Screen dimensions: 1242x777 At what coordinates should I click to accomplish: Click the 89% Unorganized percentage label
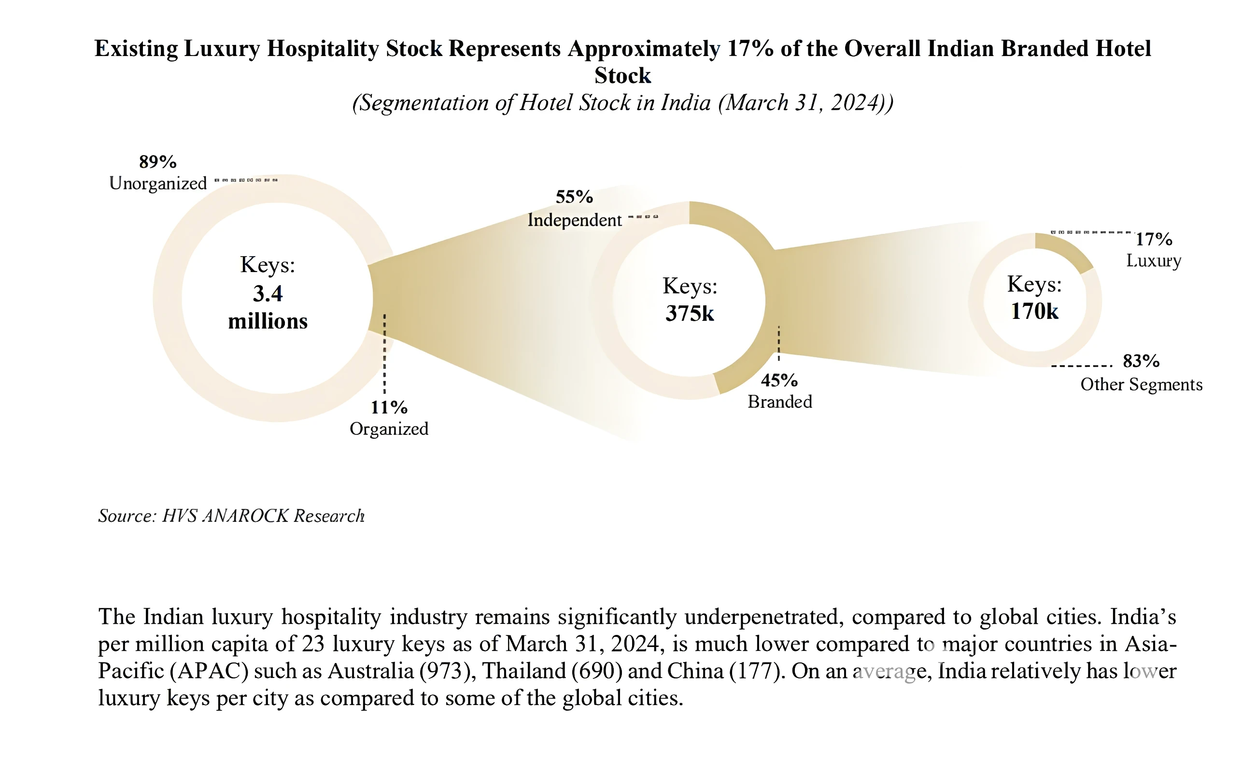tap(157, 162)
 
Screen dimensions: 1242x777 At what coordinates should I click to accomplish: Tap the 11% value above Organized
tap(389, 407)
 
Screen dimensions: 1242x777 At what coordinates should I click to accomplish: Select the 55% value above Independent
tap(574, 197)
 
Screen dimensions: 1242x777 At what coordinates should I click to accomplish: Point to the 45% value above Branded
tap(779, 380)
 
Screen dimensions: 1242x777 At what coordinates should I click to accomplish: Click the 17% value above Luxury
tap(1154, 239)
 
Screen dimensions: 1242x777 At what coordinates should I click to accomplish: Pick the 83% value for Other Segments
tap(1141, 361)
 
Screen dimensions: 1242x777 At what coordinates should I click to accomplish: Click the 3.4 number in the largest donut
tap(268, 293)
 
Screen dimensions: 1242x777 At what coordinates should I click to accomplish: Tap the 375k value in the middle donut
tap(690, 314)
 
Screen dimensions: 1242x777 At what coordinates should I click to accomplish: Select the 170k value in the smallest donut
tap(1034, 311)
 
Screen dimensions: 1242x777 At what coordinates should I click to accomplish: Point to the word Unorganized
tap(158, 184)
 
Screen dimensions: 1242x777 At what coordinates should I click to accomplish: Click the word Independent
tap(575, 220)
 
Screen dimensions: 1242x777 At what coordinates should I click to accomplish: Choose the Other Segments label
tap(1142, 384)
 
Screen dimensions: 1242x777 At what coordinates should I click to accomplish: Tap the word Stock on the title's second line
tap(622, 75)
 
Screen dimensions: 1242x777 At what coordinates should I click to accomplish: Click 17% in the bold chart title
tap(750, 48)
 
